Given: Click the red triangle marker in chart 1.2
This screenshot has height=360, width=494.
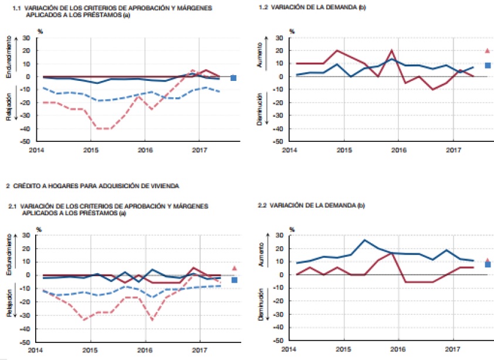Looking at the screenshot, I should (488, 51).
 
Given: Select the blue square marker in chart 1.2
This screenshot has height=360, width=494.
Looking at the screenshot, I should (488, 65).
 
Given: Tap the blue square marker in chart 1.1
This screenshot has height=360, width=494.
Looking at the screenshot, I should (234, 77).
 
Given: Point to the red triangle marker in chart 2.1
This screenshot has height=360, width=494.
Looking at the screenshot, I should (234, 268).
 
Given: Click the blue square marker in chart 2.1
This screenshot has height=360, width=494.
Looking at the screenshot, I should (234, 280).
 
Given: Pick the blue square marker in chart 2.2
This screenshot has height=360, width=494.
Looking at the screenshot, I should (488, 264).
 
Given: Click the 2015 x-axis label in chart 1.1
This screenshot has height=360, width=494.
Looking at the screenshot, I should (91, 150).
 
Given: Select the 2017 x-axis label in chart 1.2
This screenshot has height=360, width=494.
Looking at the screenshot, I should (452, 150).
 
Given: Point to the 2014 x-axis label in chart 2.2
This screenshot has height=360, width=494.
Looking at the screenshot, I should (289, 349).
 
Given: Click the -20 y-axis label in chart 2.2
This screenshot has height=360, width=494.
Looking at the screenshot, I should (279, 301).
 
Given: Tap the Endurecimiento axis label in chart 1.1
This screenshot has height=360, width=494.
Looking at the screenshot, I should (8, 57).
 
